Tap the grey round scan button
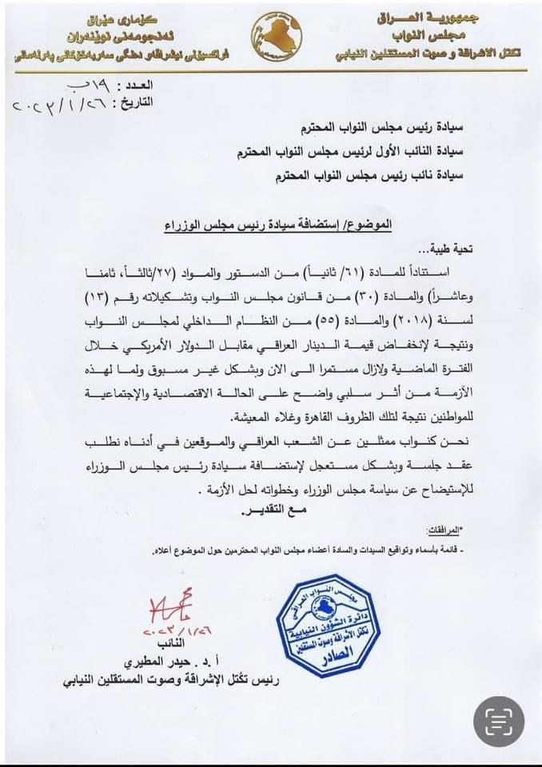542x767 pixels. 499,721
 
